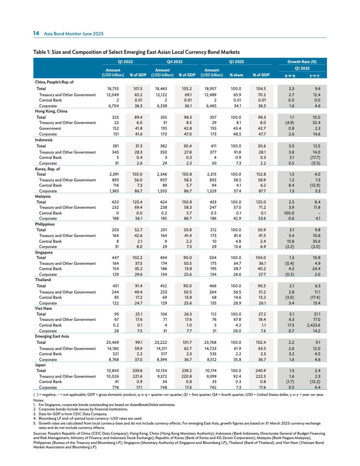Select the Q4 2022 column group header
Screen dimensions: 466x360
tap(175, 62)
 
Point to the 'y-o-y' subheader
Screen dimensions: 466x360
tap(315, 75)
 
